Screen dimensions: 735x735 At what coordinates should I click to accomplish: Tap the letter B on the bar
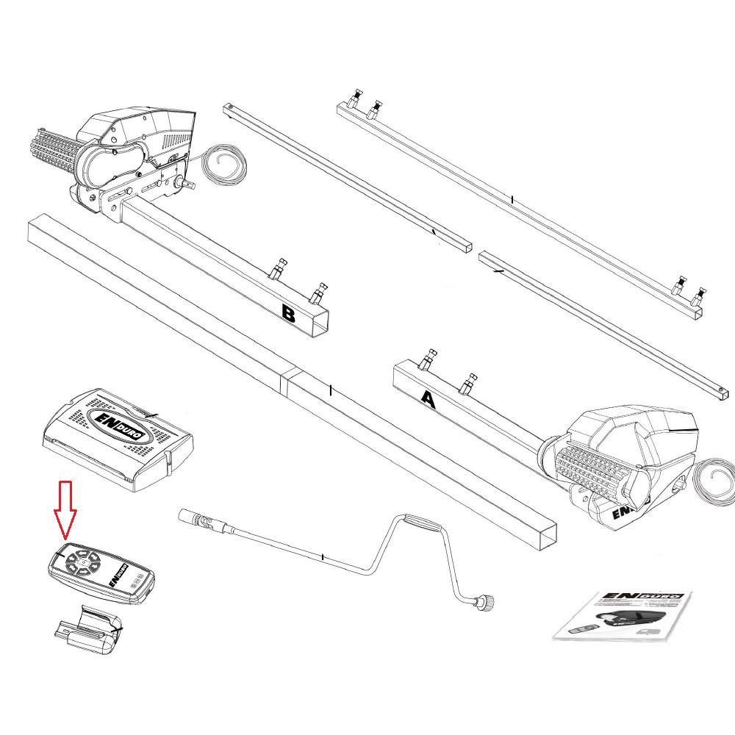point(289,315)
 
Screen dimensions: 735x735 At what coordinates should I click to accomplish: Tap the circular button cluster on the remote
point(83,563)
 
